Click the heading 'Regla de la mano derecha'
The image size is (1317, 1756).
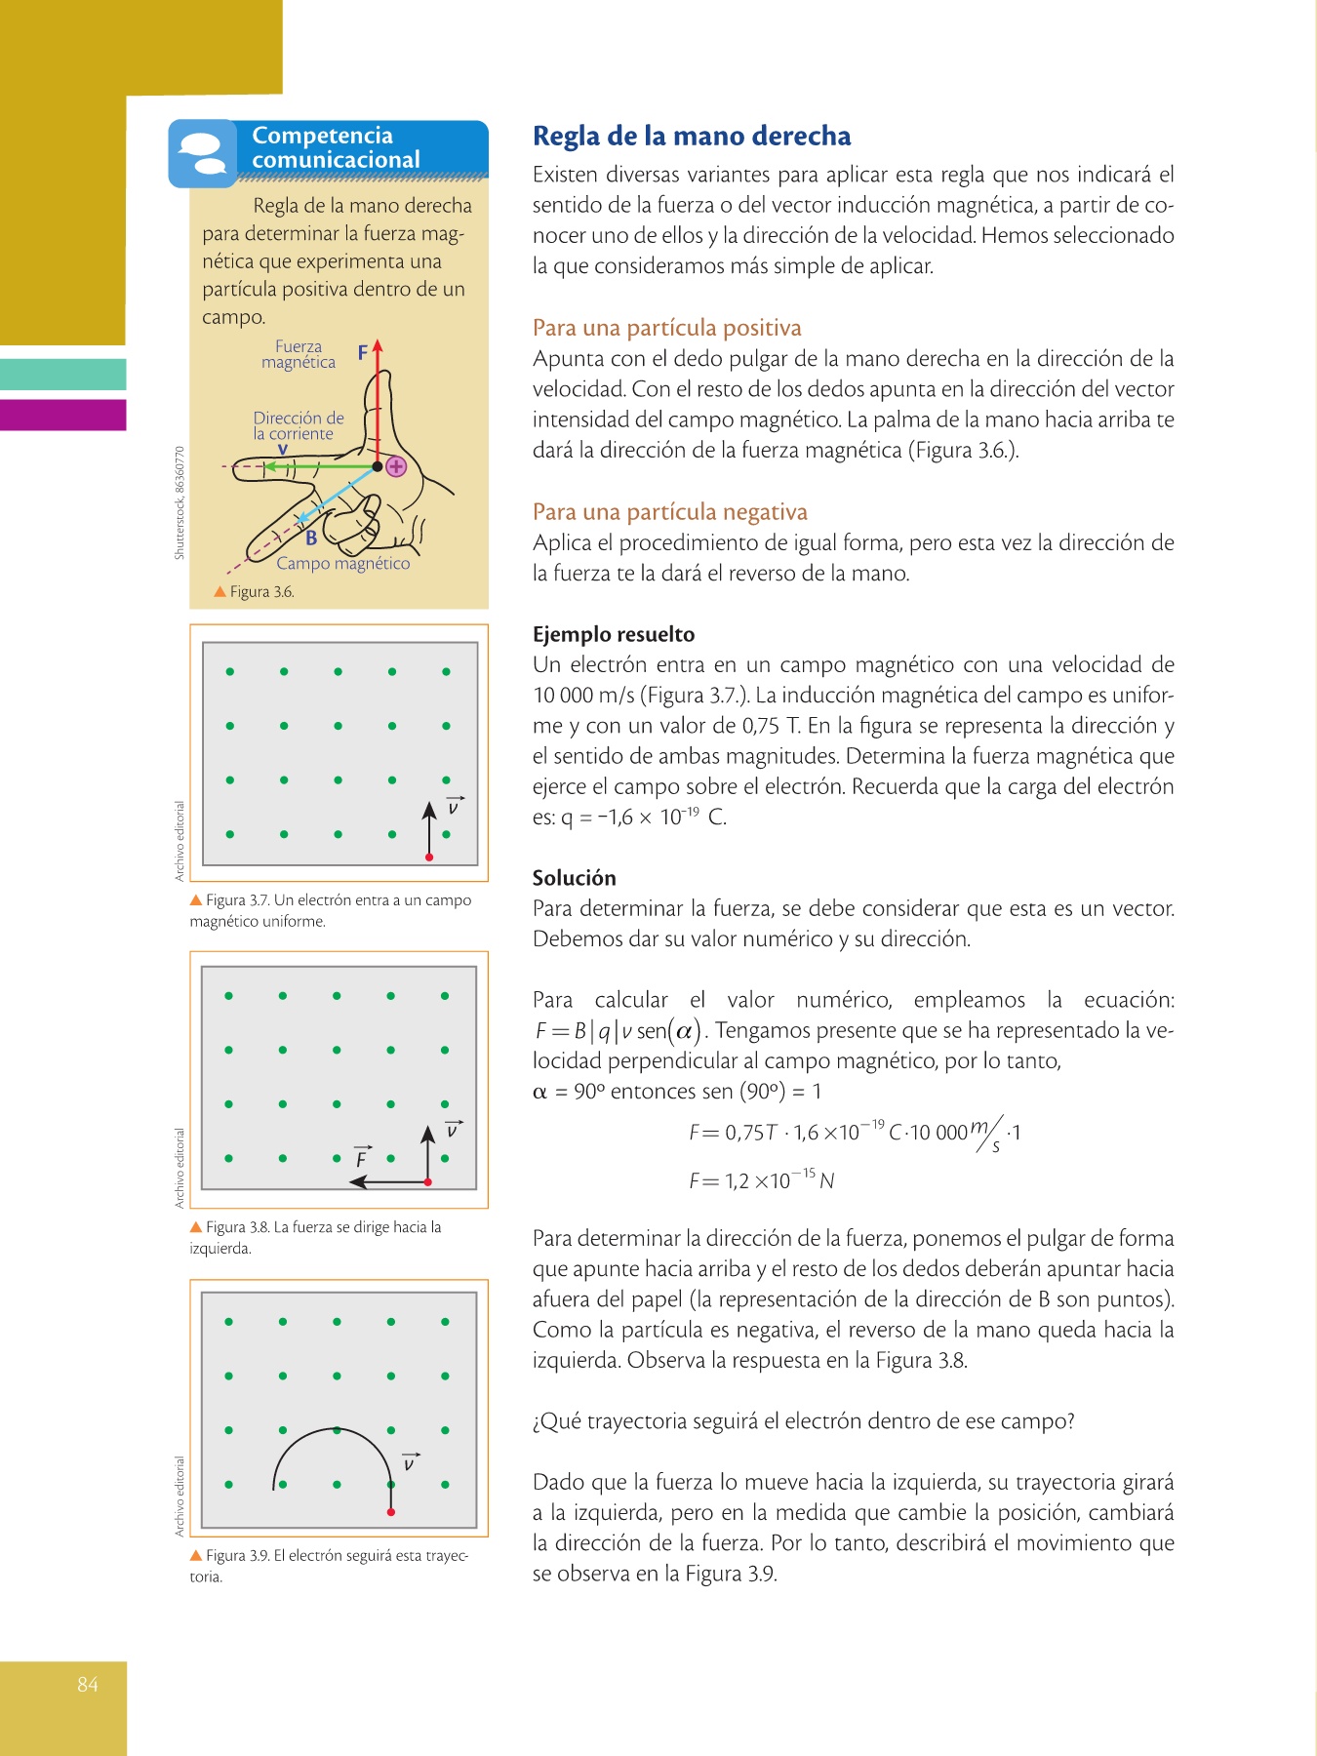[x=691, y=136]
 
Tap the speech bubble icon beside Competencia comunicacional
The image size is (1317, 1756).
[x=202, y=153]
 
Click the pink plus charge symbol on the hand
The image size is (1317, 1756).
[x=396, y=466]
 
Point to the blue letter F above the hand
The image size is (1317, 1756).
[x=363, y=352]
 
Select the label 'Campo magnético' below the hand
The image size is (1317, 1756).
[x=342, y=564]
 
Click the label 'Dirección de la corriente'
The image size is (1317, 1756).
[x=299, y=426]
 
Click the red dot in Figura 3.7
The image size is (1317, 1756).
[x=429, y=858]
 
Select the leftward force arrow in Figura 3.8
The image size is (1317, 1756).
[x=387, y=1182]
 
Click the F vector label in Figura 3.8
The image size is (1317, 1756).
[x=362, y=1158]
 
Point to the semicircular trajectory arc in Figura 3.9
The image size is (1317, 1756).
[x=334, y=1431]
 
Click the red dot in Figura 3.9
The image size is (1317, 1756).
[x=390, y=1512]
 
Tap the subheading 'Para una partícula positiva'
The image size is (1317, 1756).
[x=666, y=328]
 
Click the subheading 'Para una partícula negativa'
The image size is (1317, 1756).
[x=669, y=512]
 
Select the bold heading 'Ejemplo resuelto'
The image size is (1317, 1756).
[x=614, y=634]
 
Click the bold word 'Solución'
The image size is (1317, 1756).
[x=574, y=877]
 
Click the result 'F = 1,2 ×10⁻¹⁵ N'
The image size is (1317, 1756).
[x=761, y=1180]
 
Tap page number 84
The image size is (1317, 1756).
[x=88, y=1684]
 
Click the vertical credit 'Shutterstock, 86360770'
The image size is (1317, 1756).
[x=180, y=503]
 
